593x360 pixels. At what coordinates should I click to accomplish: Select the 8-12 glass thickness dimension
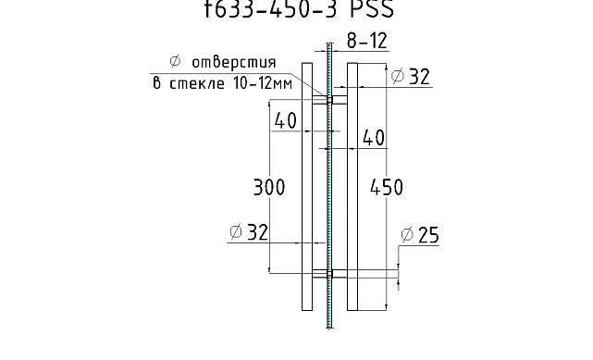(x=365, y=42)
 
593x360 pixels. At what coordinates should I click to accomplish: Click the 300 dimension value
(x=268, y=187)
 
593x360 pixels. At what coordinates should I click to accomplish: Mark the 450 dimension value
(x=386, y=187)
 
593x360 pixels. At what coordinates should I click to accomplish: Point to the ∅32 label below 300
(x=248, y=232)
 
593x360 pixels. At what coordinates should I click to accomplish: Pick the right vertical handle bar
(x=352, y=185)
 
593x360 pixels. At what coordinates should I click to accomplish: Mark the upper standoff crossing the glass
(x=329, y=97)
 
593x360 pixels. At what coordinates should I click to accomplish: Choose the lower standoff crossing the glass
(x=329, y=273)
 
